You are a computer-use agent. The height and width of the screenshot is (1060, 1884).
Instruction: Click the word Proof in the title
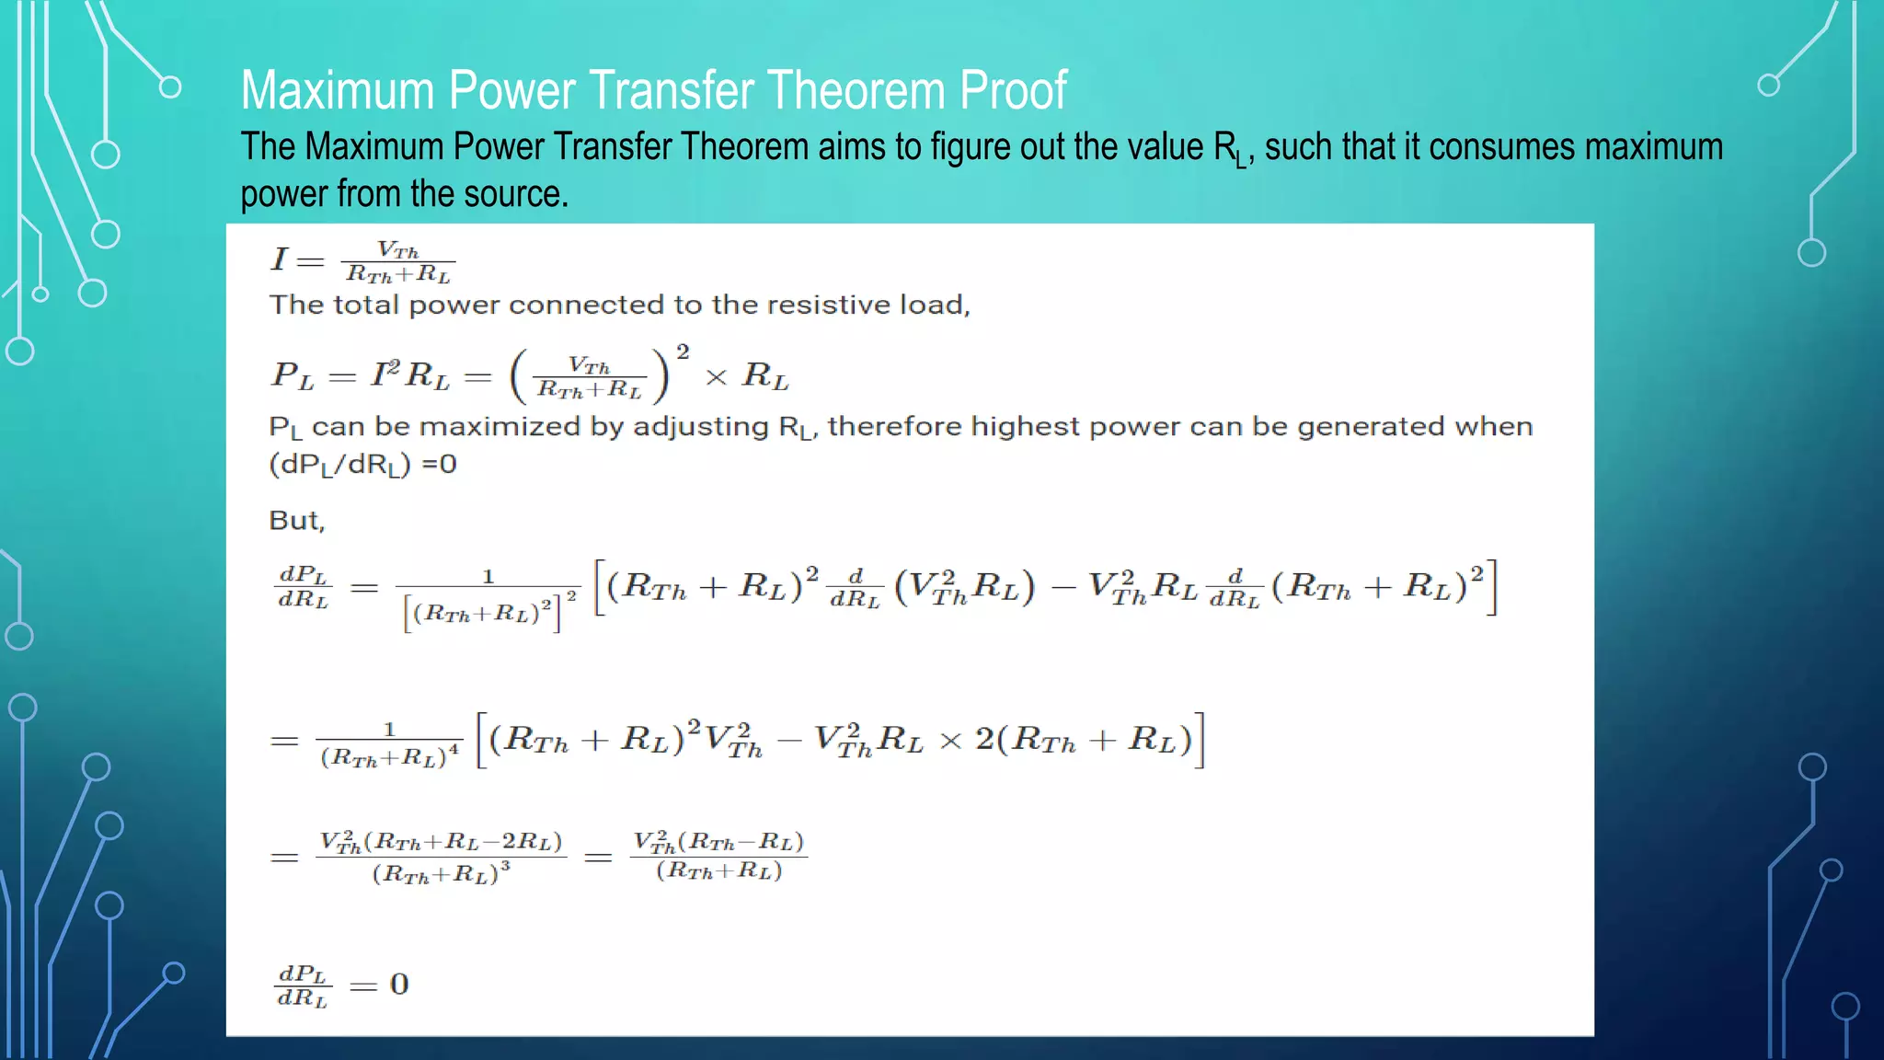[1013, 90]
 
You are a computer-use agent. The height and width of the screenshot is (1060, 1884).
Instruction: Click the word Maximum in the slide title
[337, 90]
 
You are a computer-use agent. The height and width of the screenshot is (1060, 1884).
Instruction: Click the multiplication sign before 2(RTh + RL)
[950, 742]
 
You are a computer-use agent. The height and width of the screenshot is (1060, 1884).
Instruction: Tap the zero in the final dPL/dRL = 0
[399, 985]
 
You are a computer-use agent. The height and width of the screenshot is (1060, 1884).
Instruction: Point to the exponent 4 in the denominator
[454, 750]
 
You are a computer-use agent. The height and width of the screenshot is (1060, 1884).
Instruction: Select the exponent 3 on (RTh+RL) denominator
[505, 866]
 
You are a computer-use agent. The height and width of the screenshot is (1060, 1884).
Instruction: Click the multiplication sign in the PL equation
[716, 377]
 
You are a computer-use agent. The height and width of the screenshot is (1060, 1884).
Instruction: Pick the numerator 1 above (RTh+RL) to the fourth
[389, 729]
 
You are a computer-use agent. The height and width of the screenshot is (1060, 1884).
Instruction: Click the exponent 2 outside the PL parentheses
[683, 351]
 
